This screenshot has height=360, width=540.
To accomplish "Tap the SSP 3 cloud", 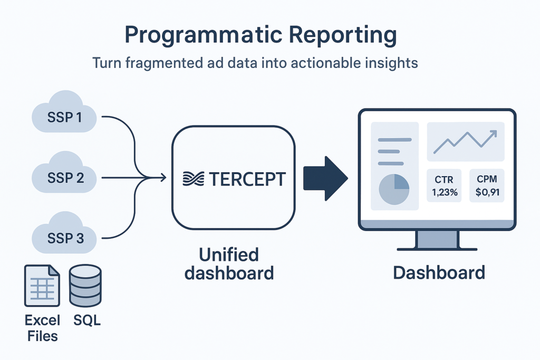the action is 64,233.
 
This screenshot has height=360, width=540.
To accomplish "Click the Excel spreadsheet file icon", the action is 42,286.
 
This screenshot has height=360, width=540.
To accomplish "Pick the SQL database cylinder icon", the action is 85,285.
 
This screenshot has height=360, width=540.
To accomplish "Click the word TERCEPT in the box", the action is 247,179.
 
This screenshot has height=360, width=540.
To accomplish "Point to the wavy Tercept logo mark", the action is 193,179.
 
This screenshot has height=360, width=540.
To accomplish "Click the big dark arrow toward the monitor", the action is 325,178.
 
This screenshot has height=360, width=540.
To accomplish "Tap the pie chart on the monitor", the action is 394,189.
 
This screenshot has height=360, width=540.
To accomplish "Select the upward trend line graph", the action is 465,141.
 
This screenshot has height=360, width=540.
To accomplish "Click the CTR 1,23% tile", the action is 444,186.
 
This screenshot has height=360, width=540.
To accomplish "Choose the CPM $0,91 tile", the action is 487,186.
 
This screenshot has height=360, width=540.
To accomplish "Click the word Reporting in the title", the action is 343,35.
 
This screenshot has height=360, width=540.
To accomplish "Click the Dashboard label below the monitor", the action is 439,273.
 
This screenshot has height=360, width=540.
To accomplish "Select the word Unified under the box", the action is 229,255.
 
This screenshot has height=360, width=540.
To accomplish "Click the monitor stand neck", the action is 437,239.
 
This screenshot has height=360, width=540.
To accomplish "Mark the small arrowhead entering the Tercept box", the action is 163,178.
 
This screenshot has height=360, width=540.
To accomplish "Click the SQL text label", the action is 87,320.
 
